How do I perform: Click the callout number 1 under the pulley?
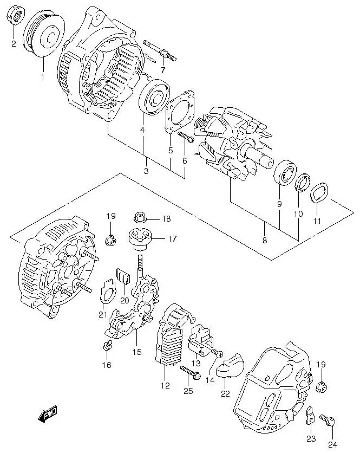pos(42,76)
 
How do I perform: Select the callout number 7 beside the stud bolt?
pos(163,69)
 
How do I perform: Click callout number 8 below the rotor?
pos(264,240)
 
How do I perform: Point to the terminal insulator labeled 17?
pos(140,237)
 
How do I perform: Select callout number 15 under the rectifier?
pos(136,352)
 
